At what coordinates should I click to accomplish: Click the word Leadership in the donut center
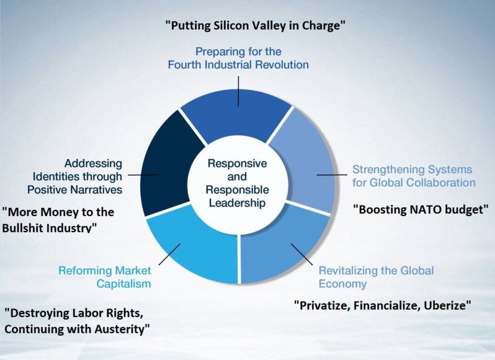[237, 203]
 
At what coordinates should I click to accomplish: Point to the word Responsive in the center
[237, 163]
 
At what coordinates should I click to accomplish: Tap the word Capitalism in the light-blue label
[124, 284]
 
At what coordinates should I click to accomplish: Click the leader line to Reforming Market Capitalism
[169, 254]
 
